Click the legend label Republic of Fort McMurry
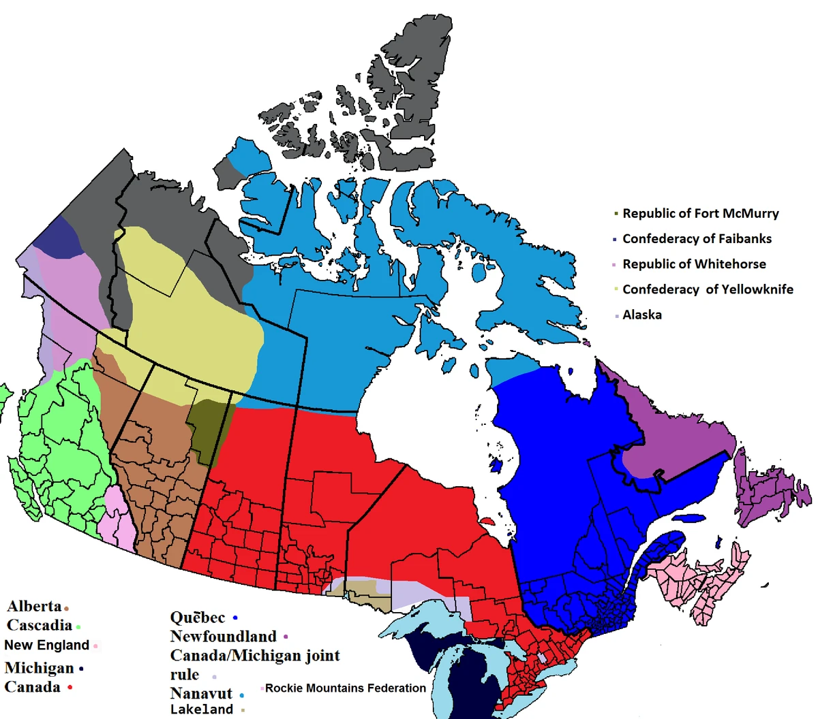(x=700, y=214)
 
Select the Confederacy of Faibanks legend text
(x=697, y=239)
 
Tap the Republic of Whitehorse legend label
(x=694, y=264)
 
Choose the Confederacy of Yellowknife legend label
(x=708, y=289)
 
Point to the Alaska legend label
(x=641, y=315)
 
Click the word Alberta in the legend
(x=34, y=606)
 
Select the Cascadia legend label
(x=39, y=625)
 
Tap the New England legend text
(x=46, y=645)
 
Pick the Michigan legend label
(x=39, y=668)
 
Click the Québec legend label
(x=197, y=618)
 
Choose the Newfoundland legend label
(x=223, y=637)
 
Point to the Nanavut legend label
(x=201, y=694)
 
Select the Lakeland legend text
(x=201, y=709)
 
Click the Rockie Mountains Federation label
(x=346, y=688)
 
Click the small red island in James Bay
(x=487, y=521)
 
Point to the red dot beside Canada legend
(x=70, y=688)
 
